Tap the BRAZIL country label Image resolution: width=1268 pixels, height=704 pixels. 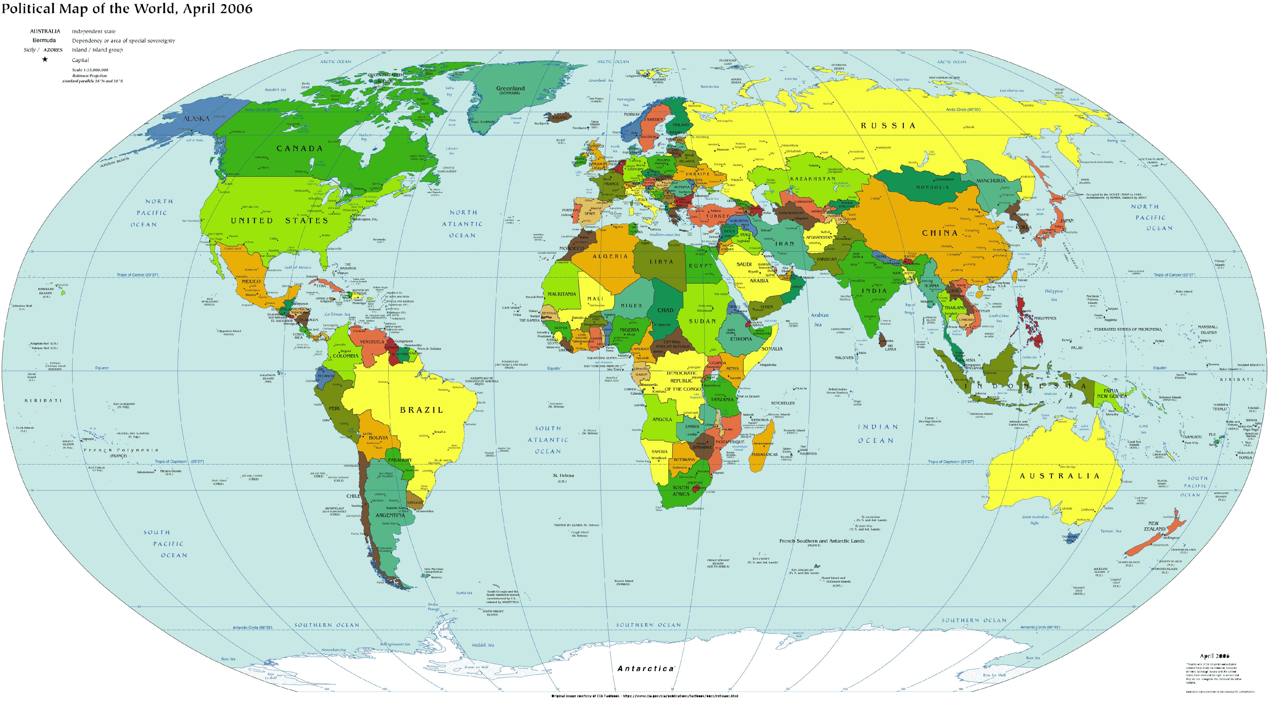point(421,409)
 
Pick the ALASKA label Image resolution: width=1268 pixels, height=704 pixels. point(196,119)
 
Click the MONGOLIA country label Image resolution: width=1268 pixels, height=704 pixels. point(932,187)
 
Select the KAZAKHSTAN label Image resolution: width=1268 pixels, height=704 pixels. point(812,179)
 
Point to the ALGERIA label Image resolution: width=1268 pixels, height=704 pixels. point(610,256)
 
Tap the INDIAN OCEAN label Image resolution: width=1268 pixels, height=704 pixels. point(878,434)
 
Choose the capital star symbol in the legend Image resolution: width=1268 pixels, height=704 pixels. point(45,59)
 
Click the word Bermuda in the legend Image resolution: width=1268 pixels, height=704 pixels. point(44,40)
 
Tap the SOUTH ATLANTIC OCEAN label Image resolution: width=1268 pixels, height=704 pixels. point(547,440)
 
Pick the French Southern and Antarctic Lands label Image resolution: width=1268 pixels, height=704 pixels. point(822,541)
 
